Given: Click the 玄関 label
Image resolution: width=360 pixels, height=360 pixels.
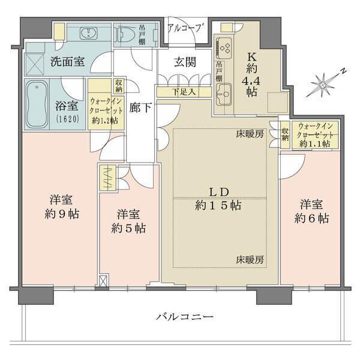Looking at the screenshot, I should [184, 62].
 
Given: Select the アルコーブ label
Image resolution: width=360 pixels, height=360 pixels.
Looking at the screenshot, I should [186, 28].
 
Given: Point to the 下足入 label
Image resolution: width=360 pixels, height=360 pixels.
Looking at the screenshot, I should [184, 92].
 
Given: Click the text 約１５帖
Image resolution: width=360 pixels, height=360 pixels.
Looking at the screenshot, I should [218, 205].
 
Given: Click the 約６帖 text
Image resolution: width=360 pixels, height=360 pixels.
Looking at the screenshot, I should [311, 218].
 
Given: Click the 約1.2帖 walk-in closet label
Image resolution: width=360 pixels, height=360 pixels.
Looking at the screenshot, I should [105, 121].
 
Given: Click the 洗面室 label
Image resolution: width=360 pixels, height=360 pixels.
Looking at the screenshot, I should [67, 61].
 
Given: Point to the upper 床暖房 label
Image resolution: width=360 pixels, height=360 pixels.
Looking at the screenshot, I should [250, 135].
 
